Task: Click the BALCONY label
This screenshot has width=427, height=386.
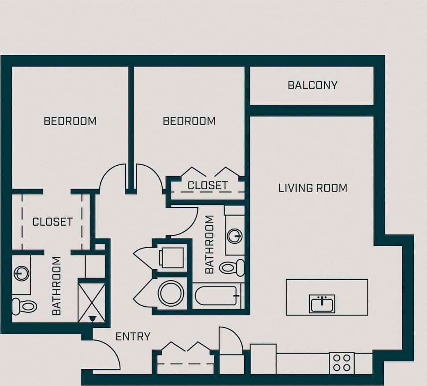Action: [x=312, y=85]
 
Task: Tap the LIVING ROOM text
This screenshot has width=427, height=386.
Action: [x=312, y=188]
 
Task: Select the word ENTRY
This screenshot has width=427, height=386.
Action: [x=133, y=337]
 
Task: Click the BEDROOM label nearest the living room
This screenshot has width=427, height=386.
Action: [x=189, y=121]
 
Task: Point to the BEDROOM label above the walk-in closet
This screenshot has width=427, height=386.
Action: [x=70, y=121]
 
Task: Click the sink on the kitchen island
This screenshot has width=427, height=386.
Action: [x=322, y=304]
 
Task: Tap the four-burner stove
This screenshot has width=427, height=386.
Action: [x=342, y=363]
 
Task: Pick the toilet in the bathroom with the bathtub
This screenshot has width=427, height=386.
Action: [x=232, y=267]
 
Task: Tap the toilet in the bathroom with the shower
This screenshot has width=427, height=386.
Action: [x=24, y=305]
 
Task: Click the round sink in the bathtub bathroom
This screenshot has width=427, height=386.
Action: [x=234, y=236]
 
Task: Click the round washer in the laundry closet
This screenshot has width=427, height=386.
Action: [x=171, y=293]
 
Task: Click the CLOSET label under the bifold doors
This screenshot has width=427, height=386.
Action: [x=208, y=186]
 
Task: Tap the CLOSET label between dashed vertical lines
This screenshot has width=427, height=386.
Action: [x=52, y=222]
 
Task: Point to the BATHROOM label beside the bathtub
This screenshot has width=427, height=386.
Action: [x=209, y=244]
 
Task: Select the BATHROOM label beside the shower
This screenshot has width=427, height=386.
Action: [x=57, y=286]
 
